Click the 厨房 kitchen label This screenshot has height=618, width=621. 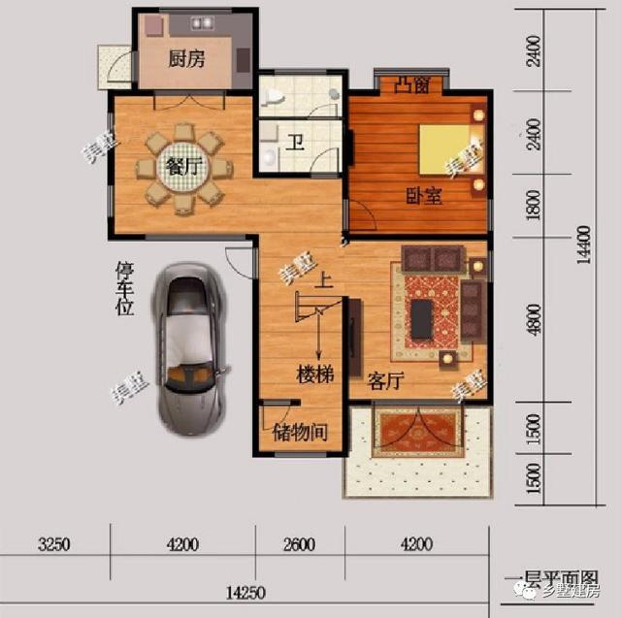(186, 59)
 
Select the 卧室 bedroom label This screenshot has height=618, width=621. (423, 196)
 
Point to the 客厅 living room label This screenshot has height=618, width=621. (385, 381)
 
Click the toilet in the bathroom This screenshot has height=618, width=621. (276, 95)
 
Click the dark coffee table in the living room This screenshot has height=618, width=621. (422, 319)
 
